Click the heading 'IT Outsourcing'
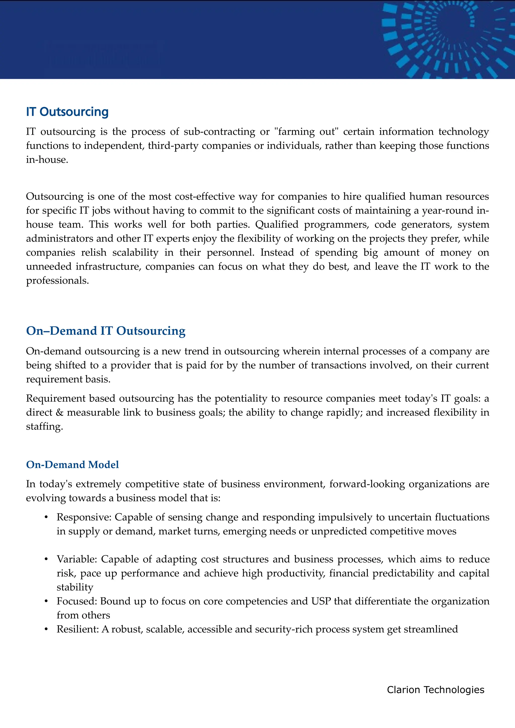point(67,112)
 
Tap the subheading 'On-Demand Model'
point(72,464)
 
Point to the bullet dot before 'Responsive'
point(46,517)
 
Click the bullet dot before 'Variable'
point(46,559)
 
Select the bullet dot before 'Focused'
point(46,601)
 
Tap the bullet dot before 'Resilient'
point(46,629)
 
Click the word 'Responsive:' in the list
point(84,517)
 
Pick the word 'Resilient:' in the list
point(78,629)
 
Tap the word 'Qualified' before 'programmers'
point(277,225)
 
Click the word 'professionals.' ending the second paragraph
point(57,281)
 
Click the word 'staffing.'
point(45,427)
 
